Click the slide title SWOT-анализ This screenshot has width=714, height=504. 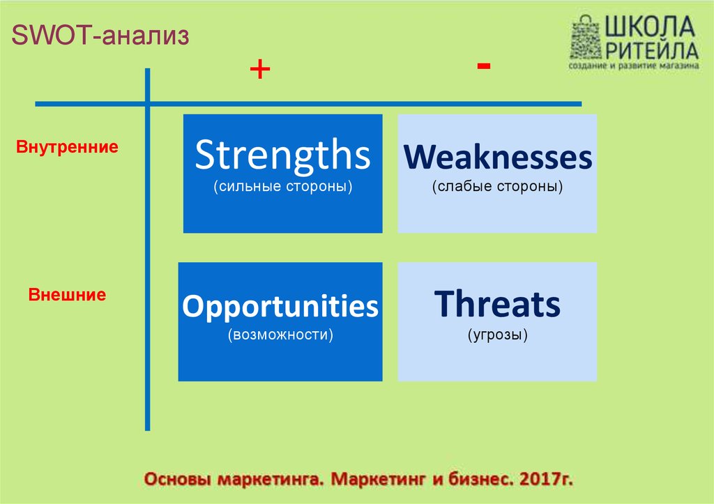pyautogui.click(x=100, y=35)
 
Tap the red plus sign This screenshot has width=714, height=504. pyautogui.click(x=260, y=69)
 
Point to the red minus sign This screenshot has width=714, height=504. pyautogui.click(x=484, y=66)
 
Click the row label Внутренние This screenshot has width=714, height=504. pyautogui.click(x=67, y=146)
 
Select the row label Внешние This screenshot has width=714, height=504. pyautogui.click(x=67, y=295)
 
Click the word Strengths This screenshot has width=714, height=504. pyautogui.click(x=282, y=155)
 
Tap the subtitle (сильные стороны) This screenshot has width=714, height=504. pyautogui.click(x=283, y=186)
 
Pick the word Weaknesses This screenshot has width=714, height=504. pyautogui.click(x=498, y=157)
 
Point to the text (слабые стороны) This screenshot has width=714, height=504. pyautogui.click(x=497, y=186)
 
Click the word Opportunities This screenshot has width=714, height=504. pyautogui.click(x=280, y=306)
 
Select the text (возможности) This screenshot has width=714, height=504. pyautogui.click(x=280, y=335)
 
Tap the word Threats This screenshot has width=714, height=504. pyautogui.click(x=497, y=303)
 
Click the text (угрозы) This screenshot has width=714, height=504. pyautogui.click(x=497, y=335)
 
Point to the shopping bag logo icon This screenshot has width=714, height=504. pyautogui.click(x=586, y=38)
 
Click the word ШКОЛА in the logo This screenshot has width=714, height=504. pyautogui.click(x=650, y=26)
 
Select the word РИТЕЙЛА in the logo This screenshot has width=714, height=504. pyautogui.click(x=652, y=49)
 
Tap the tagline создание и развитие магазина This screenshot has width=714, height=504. pyautogui.click(x=633, y=66)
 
